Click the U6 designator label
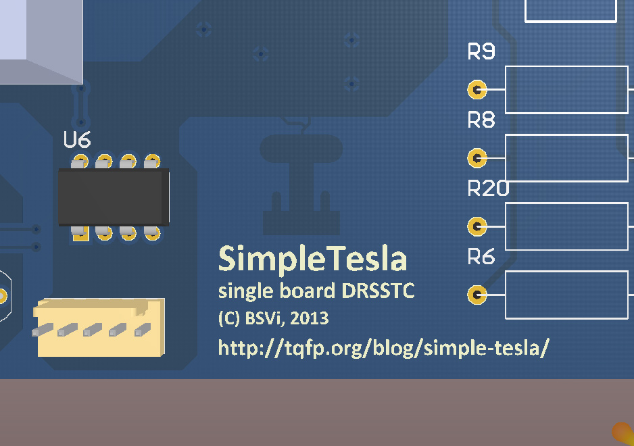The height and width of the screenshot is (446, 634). coord(77,139)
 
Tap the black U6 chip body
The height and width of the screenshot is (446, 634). coord(114,197)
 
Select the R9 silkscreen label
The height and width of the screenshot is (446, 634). coord(481,51)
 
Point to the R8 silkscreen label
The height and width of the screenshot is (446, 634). coord(481,120)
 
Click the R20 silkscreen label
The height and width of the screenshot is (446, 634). coord(488,188)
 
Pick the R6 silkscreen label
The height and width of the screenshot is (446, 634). coord(481,256)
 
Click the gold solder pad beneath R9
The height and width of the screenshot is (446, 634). coord(477,89)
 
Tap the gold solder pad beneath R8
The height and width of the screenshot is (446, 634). coord(477,157)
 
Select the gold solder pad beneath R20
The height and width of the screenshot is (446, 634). coord(477,226)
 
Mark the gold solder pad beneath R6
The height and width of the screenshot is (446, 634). coord(477,295)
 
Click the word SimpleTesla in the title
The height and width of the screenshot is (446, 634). coord(312,259)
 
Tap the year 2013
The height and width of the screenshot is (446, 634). coord(310,319)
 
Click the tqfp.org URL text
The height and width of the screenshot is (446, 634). coord(383,347)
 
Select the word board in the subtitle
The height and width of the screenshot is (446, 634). coord(308,291)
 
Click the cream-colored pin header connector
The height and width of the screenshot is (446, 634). coord(99,328)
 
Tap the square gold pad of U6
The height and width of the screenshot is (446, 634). coord(80,234)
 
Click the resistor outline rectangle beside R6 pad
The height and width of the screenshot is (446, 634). coord(567,295)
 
